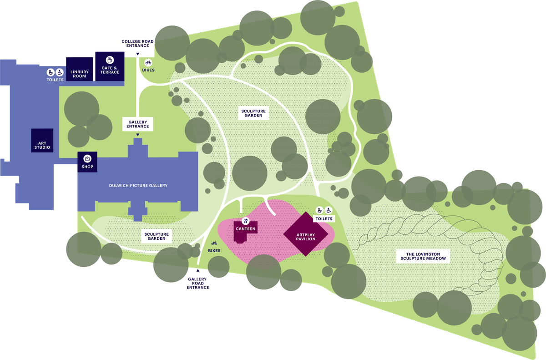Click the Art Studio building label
[42, 145]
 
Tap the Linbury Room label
[80, 74]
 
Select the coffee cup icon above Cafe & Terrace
[110, 60]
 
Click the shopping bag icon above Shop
[87, 158]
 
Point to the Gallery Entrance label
[138, 123]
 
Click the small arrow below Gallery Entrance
[138, 134]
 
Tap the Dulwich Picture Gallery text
[138, 185]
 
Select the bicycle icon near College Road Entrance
[148, 62]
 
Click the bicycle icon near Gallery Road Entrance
[214, 243]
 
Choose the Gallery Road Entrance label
[198, 283]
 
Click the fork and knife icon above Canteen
[246, 221]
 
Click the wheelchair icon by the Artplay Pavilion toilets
[329, 210]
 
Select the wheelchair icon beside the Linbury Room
[59, 72]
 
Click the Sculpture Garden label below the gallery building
[157, 236]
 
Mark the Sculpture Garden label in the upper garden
[253, 113]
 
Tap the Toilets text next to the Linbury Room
[55, 80]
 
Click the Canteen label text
[246, 229]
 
